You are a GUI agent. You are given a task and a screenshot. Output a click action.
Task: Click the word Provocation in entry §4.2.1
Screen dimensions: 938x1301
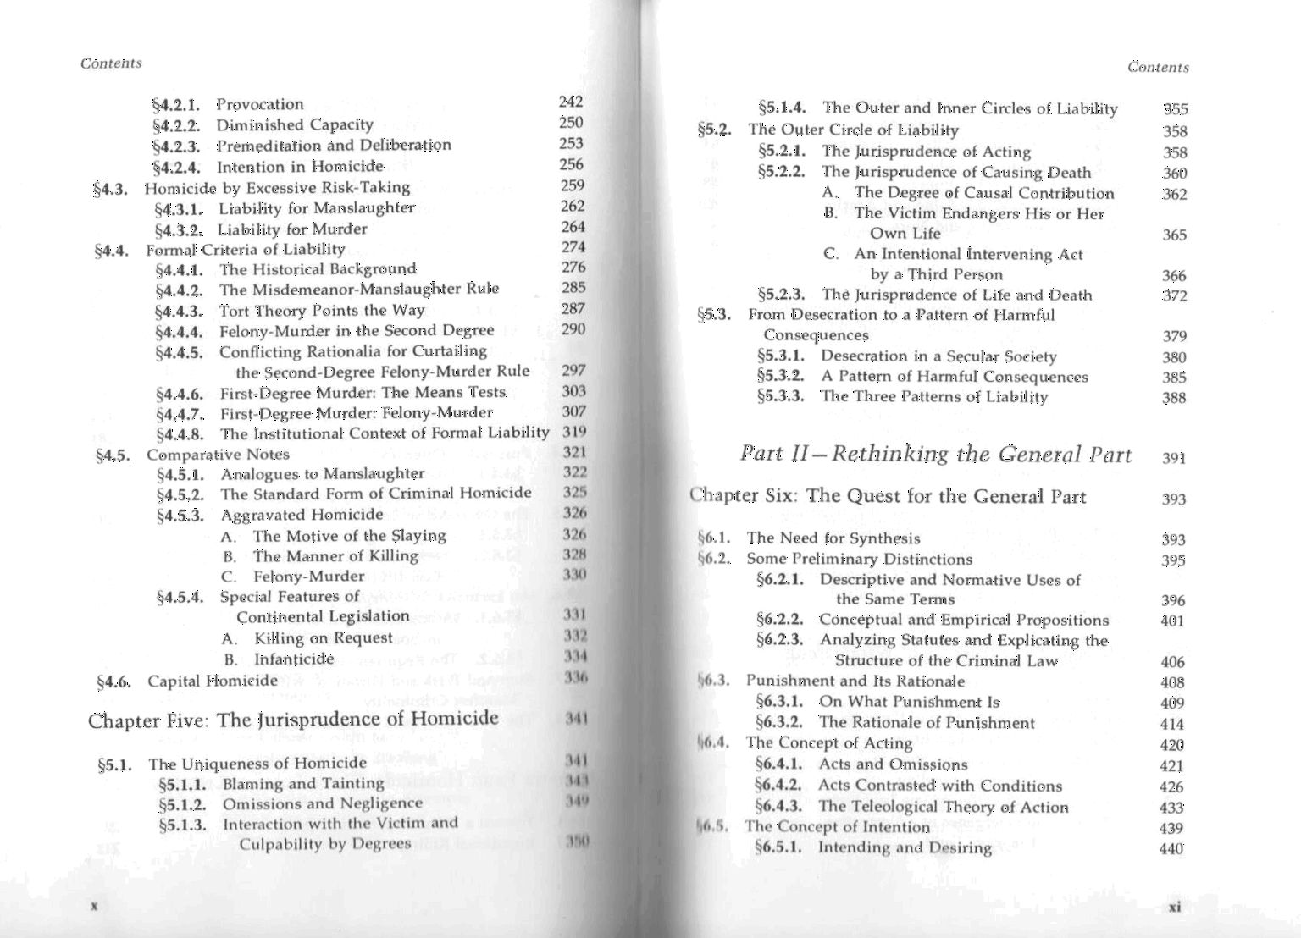[259, 105]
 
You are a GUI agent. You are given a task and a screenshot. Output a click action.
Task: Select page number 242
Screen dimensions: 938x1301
[571, 102]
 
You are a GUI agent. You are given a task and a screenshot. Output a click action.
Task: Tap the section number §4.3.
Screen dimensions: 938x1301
[110, 188]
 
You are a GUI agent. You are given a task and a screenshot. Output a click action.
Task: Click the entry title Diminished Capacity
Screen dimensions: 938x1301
[294, 125]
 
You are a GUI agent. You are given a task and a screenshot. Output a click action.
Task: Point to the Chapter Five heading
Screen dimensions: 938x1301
[293, 720]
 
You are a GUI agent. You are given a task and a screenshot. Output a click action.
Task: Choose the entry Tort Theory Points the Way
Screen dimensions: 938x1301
[322, 311]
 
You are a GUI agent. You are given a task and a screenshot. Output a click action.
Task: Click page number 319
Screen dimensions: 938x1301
[574, 433]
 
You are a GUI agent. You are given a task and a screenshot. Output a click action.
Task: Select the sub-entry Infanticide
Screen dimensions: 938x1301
[293, 659]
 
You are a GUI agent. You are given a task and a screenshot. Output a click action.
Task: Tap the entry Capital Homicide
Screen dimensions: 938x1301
[213, 681]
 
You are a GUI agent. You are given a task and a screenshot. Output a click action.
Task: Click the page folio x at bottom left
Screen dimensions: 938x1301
[95, 905]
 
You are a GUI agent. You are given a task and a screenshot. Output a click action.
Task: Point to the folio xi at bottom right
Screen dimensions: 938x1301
[1174, 907]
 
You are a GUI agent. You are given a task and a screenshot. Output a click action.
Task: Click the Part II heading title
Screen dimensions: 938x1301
[936, 455]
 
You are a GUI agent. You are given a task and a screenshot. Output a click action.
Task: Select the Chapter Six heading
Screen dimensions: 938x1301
[888, 496]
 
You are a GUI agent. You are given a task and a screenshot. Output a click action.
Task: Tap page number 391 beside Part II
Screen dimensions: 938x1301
[1174, 458]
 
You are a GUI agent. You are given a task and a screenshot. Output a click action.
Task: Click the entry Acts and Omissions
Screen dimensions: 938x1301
[893, 764]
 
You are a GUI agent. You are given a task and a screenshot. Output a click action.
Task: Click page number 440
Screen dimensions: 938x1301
[1171, 848]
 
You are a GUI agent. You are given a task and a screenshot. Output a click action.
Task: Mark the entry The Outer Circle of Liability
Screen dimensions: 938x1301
[853, 130]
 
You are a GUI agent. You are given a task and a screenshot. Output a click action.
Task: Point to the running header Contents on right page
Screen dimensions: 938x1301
[1158, 68]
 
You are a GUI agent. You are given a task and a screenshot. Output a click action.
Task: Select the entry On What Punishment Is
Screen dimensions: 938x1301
[909, 702]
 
